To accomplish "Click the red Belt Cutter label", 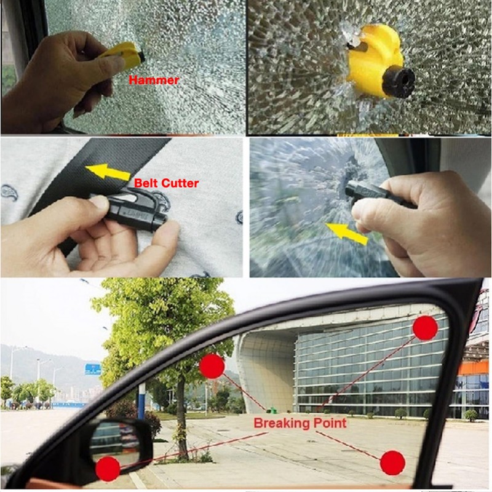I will (167, 183).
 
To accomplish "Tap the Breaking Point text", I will (300, 423).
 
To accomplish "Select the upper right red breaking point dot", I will (425, 328).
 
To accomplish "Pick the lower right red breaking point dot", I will (392, 462).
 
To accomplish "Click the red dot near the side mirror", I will (108, 469).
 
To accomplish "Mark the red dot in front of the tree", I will (212, 366).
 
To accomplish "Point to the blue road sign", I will (93, 369).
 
